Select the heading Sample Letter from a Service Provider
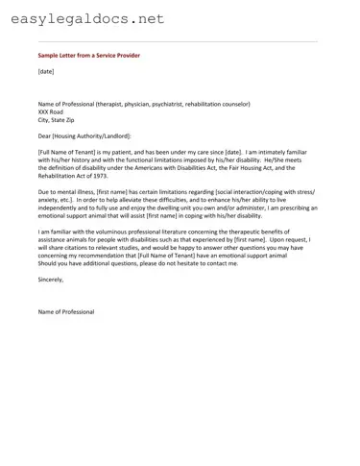pos(88,56)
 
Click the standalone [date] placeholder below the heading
pos(46,71)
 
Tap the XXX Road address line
pos(54,110)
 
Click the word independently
pos(61,208)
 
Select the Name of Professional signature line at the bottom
pos(66,312)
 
